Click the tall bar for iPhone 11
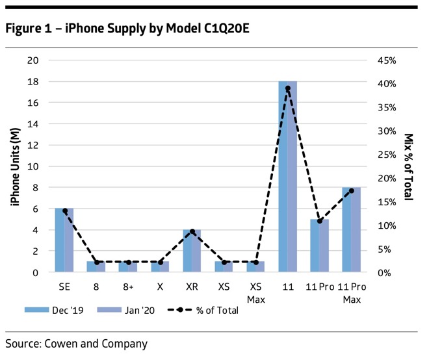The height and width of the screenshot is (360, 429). point(287,176)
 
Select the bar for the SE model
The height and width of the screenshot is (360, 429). point(64,240)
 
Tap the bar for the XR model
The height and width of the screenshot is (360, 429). point(192,250)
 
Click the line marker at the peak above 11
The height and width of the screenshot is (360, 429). point(287,88)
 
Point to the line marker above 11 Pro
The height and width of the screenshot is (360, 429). point(319,221)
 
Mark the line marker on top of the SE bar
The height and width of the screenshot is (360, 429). point(64,211)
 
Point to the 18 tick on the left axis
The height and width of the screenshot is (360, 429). point(31,81)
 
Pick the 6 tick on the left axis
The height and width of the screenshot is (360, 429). point(34,209)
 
